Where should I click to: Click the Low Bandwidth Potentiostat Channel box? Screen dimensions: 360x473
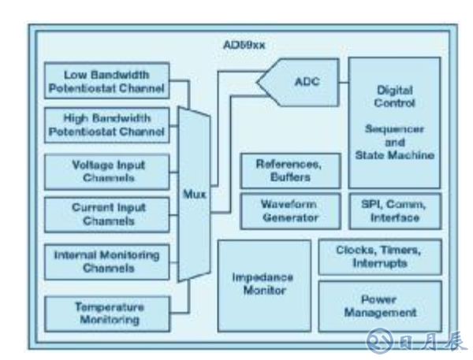(x=107, y=80)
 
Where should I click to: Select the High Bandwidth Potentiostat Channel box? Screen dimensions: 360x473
(x=107, y=124)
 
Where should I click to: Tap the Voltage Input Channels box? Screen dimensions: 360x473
(x=107, y=170)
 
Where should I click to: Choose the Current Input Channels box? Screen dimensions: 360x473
(x=107, y=215)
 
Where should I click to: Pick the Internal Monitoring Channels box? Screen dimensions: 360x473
(x=107, y=261)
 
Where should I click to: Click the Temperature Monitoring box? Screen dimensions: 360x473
(x=107, y=313)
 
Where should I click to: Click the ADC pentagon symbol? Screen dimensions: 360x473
(x=303, y=82)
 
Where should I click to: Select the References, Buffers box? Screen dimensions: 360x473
(x=290, y=170)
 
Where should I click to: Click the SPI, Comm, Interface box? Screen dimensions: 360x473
(x=393, y=210)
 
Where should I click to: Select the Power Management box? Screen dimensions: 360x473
(x=379, y=306)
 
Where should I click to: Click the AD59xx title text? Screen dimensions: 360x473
(x=244, y=44)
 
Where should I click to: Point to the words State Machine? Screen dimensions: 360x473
(x=393, y=154)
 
